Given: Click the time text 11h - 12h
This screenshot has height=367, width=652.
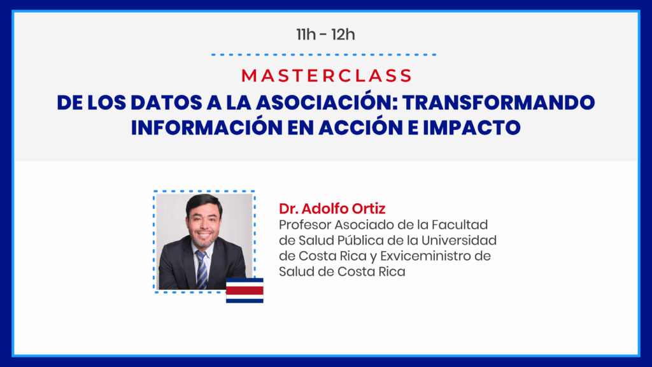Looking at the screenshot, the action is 325,34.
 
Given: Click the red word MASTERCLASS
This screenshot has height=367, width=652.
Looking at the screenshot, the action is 327,76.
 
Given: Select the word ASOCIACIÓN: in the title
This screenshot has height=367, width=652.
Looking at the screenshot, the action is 326,102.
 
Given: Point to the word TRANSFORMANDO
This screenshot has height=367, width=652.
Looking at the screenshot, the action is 499,103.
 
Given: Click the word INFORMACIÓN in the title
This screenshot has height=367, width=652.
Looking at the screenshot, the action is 206,127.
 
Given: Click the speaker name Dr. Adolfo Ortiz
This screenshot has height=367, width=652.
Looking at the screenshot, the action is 332,208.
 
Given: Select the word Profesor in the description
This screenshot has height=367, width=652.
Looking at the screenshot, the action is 305,225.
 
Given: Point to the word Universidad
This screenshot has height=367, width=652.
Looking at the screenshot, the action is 459,240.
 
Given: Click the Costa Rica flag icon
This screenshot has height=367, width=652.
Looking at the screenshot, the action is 244,291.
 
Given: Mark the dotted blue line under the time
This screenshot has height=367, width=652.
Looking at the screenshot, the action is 323,55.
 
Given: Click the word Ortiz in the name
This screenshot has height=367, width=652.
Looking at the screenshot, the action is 369,208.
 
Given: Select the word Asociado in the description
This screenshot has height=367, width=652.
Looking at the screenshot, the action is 364,225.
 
